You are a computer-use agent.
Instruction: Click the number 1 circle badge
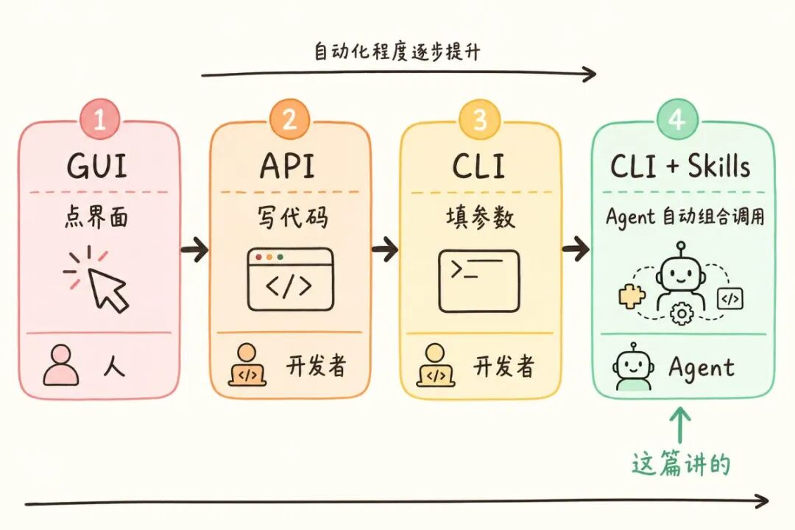[x=100, y=119]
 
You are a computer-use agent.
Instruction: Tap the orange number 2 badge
[x=290, y=119]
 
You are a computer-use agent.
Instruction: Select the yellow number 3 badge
[x=479, y=119]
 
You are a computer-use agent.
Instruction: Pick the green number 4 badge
[x=676, y=119]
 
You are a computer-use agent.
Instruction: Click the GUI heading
[x=97, y=167]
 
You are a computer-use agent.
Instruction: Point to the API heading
[x=288, y=167]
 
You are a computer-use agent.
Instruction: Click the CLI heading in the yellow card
[x=478, y=167]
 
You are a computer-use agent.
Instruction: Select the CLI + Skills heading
[x=680, y=167]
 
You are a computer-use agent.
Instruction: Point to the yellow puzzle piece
[x=632, y=295]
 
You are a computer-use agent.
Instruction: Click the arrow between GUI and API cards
[x=195, y=250]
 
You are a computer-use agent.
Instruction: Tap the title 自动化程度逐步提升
[x=397, y=52]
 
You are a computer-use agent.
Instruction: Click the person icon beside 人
[x=60, y=366]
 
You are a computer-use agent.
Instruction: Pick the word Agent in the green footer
[x=701, y=367]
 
